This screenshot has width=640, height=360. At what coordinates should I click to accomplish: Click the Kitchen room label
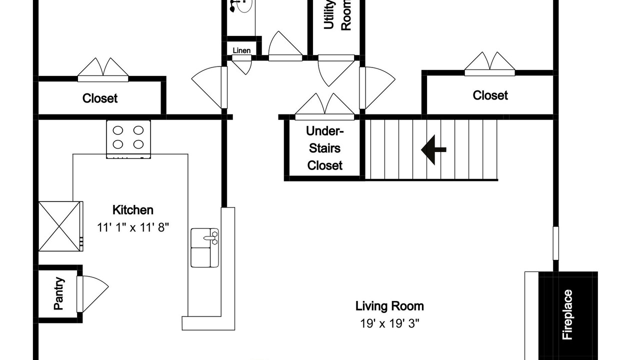133,210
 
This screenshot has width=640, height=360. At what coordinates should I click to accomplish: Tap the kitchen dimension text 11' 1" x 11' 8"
133,227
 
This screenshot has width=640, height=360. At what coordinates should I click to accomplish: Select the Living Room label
389,306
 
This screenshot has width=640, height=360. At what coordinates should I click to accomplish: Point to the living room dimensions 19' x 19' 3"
389,323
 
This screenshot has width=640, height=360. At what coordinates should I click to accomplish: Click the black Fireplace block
568,315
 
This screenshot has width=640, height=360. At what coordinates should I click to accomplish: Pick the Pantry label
59,293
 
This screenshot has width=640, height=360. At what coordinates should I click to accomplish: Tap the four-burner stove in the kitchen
128,139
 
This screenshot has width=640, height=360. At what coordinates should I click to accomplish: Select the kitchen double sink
204,247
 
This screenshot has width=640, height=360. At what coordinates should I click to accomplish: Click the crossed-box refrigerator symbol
60,226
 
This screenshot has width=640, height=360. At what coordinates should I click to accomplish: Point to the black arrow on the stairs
433,149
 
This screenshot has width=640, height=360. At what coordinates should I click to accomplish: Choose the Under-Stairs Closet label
324,148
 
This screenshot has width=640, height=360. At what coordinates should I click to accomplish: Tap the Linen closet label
241,50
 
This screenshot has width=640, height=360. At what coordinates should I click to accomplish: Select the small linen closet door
241,64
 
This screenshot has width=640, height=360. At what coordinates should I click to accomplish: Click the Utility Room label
337,15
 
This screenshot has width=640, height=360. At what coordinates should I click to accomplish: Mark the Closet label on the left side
99,98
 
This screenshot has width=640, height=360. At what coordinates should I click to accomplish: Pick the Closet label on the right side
490,95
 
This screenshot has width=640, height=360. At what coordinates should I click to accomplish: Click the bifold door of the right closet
489,64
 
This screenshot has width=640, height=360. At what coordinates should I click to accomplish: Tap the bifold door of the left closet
103,70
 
